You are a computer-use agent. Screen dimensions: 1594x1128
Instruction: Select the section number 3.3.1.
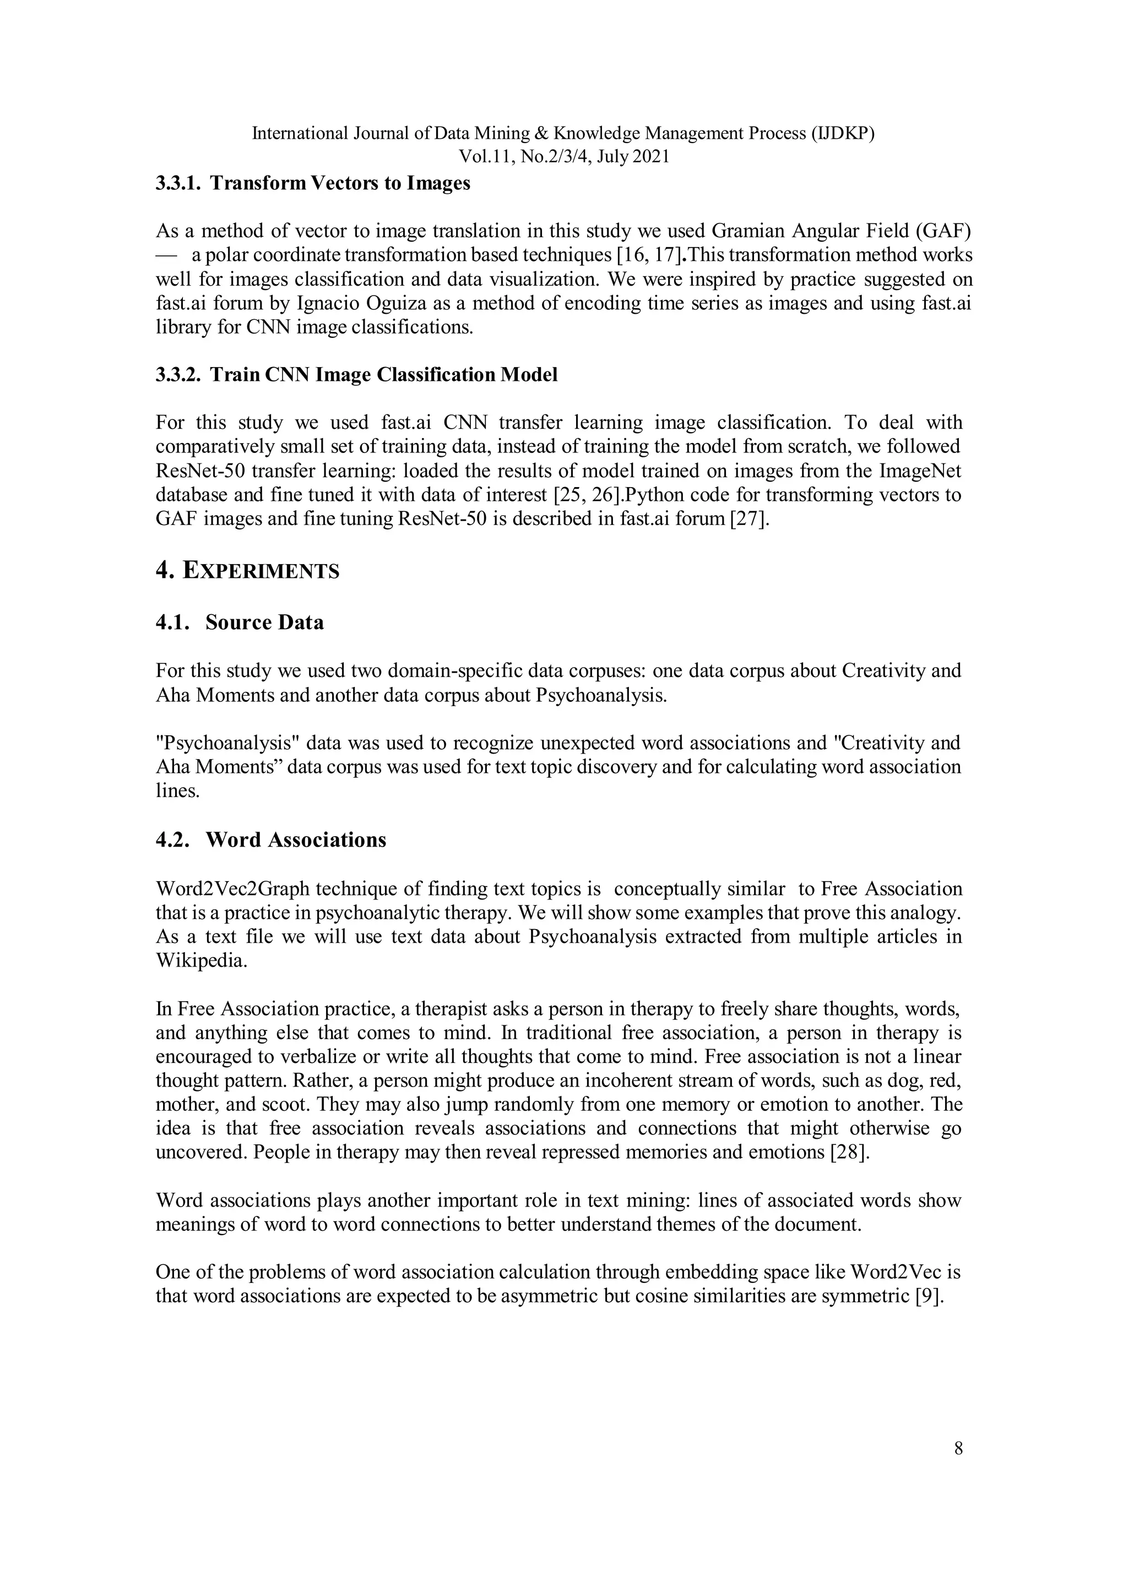(x=178, y=183)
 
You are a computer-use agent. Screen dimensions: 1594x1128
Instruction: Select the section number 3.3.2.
(x=178, y=375)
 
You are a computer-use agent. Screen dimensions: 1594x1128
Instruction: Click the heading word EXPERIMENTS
(x=261, y=571)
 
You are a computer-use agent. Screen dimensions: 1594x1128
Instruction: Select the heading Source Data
(x=264, y=622)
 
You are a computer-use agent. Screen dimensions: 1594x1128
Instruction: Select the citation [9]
(x=931, y=1296)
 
